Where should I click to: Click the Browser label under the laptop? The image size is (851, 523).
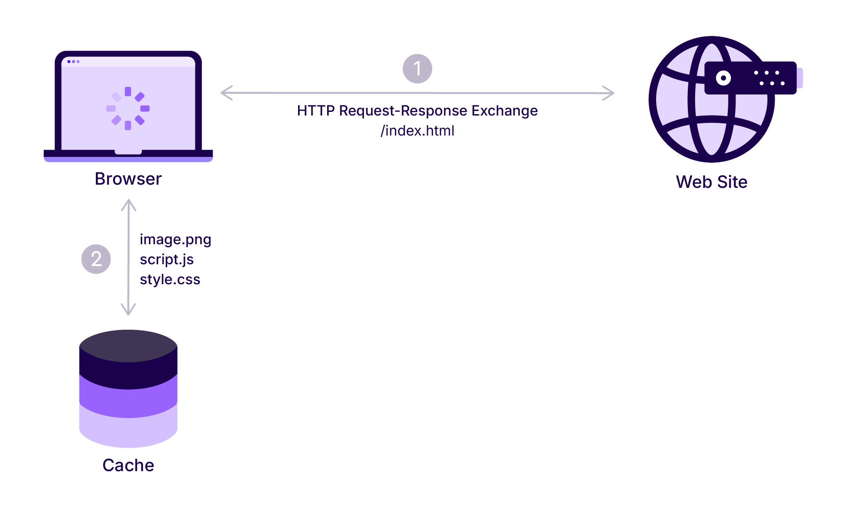tap(128, 179)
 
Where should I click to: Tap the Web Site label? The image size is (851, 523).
tap(712, 182)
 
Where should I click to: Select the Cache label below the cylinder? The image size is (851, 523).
tap(128, 465)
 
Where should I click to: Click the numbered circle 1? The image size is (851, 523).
tap(417, 69)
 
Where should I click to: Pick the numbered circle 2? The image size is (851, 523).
tap(96, 259)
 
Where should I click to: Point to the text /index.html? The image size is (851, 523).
tap(417, 131)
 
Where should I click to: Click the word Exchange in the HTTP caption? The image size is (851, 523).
tap(504, 111)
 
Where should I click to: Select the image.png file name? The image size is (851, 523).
tap(175, 240)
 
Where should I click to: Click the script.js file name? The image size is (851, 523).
tap(167, 260)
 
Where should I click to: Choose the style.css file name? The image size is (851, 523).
tap(170, 279)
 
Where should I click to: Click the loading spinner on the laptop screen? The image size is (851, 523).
tap(128, 108)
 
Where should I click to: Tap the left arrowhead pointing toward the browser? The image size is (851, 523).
tap(226, 93)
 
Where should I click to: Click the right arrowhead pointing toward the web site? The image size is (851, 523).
tap(608, 93)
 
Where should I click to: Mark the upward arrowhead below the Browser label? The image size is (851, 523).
tap(129, 205)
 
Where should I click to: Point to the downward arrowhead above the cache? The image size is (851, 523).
tap(129, 310)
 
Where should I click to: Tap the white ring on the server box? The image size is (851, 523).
tap(723, 78)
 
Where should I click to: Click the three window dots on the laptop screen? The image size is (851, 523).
tap(73, 61)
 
